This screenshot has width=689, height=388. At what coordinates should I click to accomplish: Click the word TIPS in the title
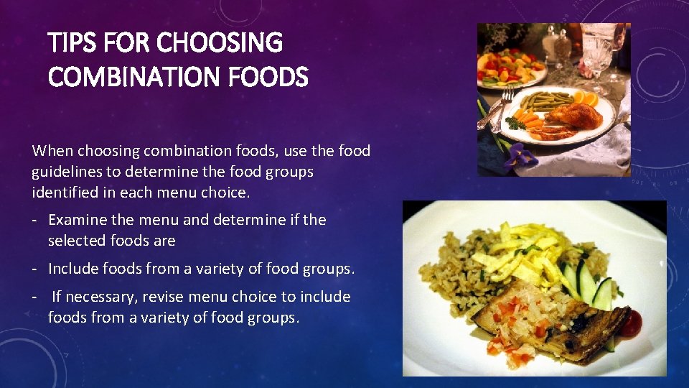[72, 44]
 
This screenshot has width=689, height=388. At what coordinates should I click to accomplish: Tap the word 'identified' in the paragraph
[64, 193]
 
